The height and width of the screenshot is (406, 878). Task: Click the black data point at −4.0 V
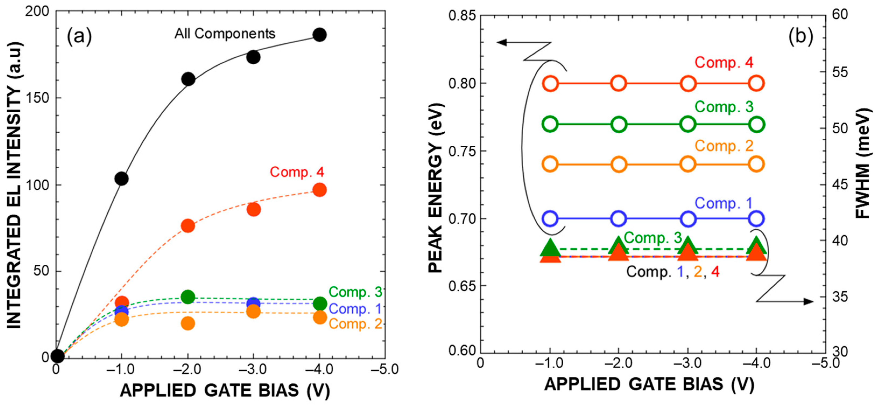click(319, 34)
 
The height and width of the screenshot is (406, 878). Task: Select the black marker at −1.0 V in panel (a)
click(121, 178)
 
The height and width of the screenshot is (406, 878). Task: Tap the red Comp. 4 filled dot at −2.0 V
click(188, 226)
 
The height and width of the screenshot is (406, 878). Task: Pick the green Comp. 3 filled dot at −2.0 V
click(188, 297)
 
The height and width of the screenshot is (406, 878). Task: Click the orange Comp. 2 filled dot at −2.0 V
click(188, 323)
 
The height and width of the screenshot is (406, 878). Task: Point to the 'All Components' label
click(225, 33)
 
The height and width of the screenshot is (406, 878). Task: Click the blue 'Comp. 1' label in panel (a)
click(355, 309)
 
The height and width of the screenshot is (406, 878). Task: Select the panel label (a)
click(79, 36)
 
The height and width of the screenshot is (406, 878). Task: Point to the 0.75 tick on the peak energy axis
click(462, 151)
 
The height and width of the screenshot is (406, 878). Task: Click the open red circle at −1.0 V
click(550, 83)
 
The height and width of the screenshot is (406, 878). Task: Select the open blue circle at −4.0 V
click(756, 219)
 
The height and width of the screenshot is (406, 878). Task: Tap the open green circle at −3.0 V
click(688, 124)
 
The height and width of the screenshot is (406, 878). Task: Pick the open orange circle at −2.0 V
click(619, 164)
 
